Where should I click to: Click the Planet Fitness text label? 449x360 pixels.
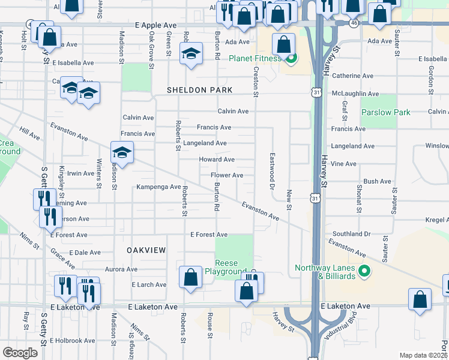pyautogui.click(x=255, y=58)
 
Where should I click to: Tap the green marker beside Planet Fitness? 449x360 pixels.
pyautogui.click(x=291, y=58)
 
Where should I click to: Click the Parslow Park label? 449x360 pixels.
pyautogui.click(x=386, y=112)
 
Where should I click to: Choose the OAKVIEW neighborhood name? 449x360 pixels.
pyautogui.click(x=145, y=249)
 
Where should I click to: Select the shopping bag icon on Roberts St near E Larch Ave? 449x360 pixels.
pyautogui.click(x=190, y=277)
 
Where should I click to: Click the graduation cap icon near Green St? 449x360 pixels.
pyautogui.click(x=191, y=55)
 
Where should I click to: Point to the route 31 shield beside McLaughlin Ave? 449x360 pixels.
pyautogui.click(x=316, y=92)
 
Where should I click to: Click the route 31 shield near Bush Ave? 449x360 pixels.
pyautogui.click(x=316, y=197)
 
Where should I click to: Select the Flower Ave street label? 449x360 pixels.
pyautogui.click(x=226, y=175)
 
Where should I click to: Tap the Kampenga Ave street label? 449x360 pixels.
pyautogui.click(x=158, y=187)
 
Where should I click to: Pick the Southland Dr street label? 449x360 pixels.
pyautogui.click(x=351, y=234)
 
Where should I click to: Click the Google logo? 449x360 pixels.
pyautogui.click(x=20, y=353)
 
